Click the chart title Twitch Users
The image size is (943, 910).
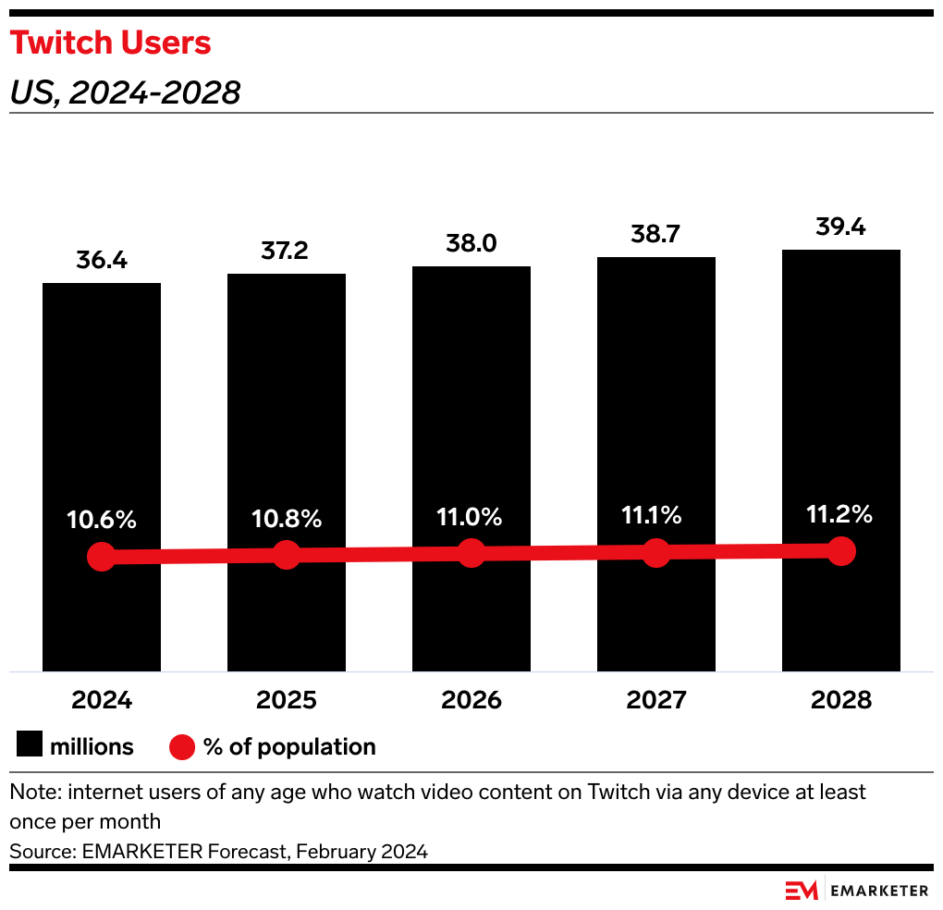tap(111, 43)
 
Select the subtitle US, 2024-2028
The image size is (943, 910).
tap(125, 92)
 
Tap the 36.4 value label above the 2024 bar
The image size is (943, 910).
tap(102, 261)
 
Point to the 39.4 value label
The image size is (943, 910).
tap(840, 227)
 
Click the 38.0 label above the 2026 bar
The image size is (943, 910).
tap(471, 243)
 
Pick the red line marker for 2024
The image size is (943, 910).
tap(102, 557)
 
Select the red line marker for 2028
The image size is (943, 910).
tap(840, 550)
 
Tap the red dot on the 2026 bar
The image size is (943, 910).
tap(471, 553)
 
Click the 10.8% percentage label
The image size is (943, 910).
tap(287, 520)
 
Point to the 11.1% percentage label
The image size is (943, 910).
tap(655, 516)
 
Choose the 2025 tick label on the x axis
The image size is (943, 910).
tap(287, 700)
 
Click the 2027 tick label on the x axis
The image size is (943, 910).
tap(655, 700)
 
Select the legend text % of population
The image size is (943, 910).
tap(289, 747)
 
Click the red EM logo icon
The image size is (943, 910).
tap(802, 891)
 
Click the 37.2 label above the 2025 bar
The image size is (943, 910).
tap(287, 252)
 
